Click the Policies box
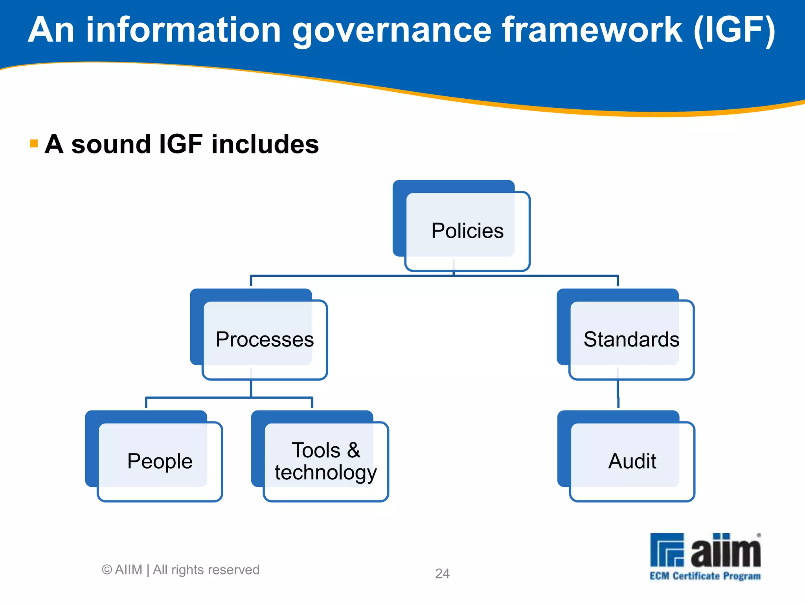coord(467,230)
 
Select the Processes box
coord(265,339)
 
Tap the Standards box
coord(631,339)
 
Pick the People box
coord(160,461)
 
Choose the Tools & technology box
coord(325,461)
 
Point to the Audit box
coord(632,461)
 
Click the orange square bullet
coord(34,144)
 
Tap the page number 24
coord(442,573)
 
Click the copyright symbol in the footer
coord(107,569)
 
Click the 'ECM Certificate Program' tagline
coord(705,576)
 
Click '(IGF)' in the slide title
coord(734,31)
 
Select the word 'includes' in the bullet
coord(265,144)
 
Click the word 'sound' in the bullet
coord(111,144)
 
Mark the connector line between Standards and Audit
coord(618,395)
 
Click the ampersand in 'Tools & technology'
coord(353,450)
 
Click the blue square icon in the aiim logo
coord(667,549)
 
